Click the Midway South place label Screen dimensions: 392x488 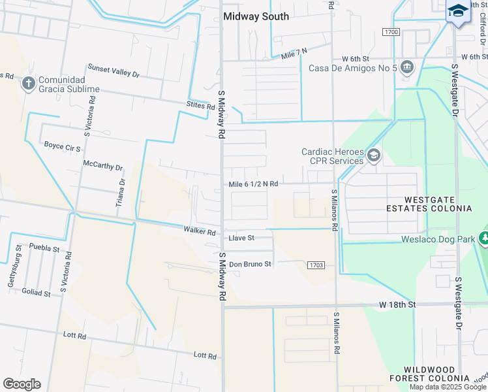coord(256,16)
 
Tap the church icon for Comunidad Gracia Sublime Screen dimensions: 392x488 coord(28,84)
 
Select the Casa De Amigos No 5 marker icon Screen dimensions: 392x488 coord(408,67)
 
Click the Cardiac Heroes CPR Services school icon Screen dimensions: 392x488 coord(374,155)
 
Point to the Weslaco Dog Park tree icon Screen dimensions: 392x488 coord(484,238)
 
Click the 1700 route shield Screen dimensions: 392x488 coord(391,32)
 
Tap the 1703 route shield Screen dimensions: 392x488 coord(316,265)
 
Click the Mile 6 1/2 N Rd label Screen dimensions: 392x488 coord(253,184)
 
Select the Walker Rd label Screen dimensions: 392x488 coord(200,231)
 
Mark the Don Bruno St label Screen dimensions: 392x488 coord(249,264)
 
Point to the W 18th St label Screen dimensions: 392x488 coord(397,304)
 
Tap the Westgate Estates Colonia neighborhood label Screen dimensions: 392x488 coord(438,204)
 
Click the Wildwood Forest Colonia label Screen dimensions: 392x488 coord(438,374)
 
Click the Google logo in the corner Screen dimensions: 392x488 coord(22,384)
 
